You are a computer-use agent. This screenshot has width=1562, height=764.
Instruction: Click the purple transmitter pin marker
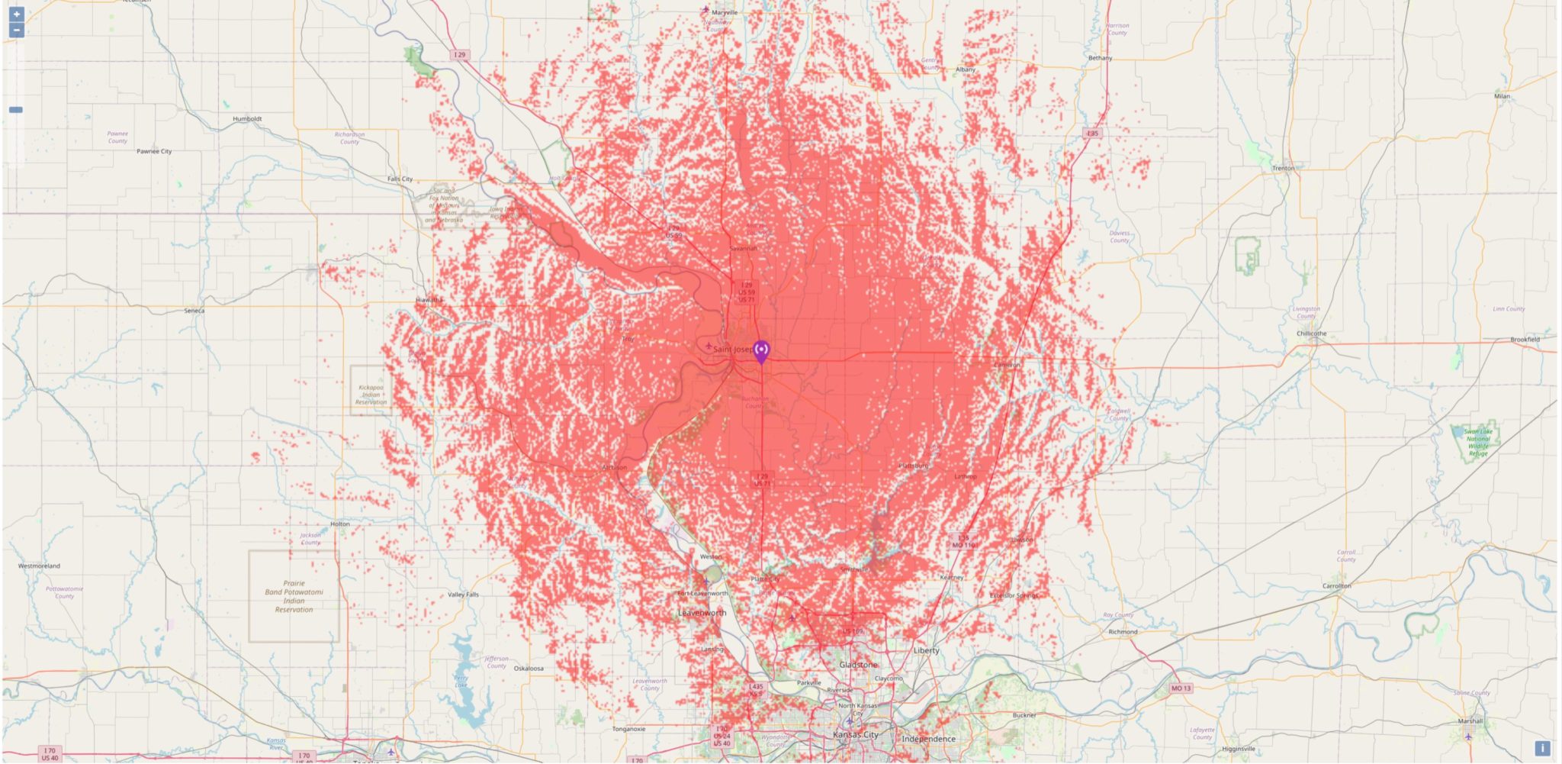click(x=761, y=351)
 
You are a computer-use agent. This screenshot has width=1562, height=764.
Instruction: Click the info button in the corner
click(x=1542, y=749)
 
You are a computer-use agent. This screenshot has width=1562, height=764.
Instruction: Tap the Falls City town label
click(x=400, y=179)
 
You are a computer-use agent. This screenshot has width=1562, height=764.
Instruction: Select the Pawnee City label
click(x=154, y=151)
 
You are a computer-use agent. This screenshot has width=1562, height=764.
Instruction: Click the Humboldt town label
click(x=247, y=118)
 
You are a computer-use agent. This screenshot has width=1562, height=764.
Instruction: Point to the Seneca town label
click(x=194, y=311)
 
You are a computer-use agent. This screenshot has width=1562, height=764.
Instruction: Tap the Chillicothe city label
click(x=1311, y=334)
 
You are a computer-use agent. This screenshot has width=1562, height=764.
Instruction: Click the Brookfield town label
click(x=1525, y=340)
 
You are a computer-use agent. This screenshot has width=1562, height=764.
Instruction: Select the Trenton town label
click(x=1283, y=168)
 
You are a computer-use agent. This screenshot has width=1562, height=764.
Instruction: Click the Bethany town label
click(x=1100, y=58)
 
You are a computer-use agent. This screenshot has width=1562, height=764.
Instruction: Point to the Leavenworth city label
click(x=702, y=613)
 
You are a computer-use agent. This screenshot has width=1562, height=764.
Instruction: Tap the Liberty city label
click(x=926, y=650)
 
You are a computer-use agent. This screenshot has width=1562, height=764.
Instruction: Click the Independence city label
click(x=928, y=739)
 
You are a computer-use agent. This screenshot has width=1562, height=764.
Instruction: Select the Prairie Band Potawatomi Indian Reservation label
click(x=294, y=596)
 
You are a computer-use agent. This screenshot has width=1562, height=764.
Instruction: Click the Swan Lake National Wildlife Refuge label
click(x=1477, y=443)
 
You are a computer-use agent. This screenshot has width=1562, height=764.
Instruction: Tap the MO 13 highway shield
click(x=1180, y=688)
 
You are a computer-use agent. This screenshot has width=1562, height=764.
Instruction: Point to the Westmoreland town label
click(x=39, y=566)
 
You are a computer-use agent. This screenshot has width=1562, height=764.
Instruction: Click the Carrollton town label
click(x=1336, y=586)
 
